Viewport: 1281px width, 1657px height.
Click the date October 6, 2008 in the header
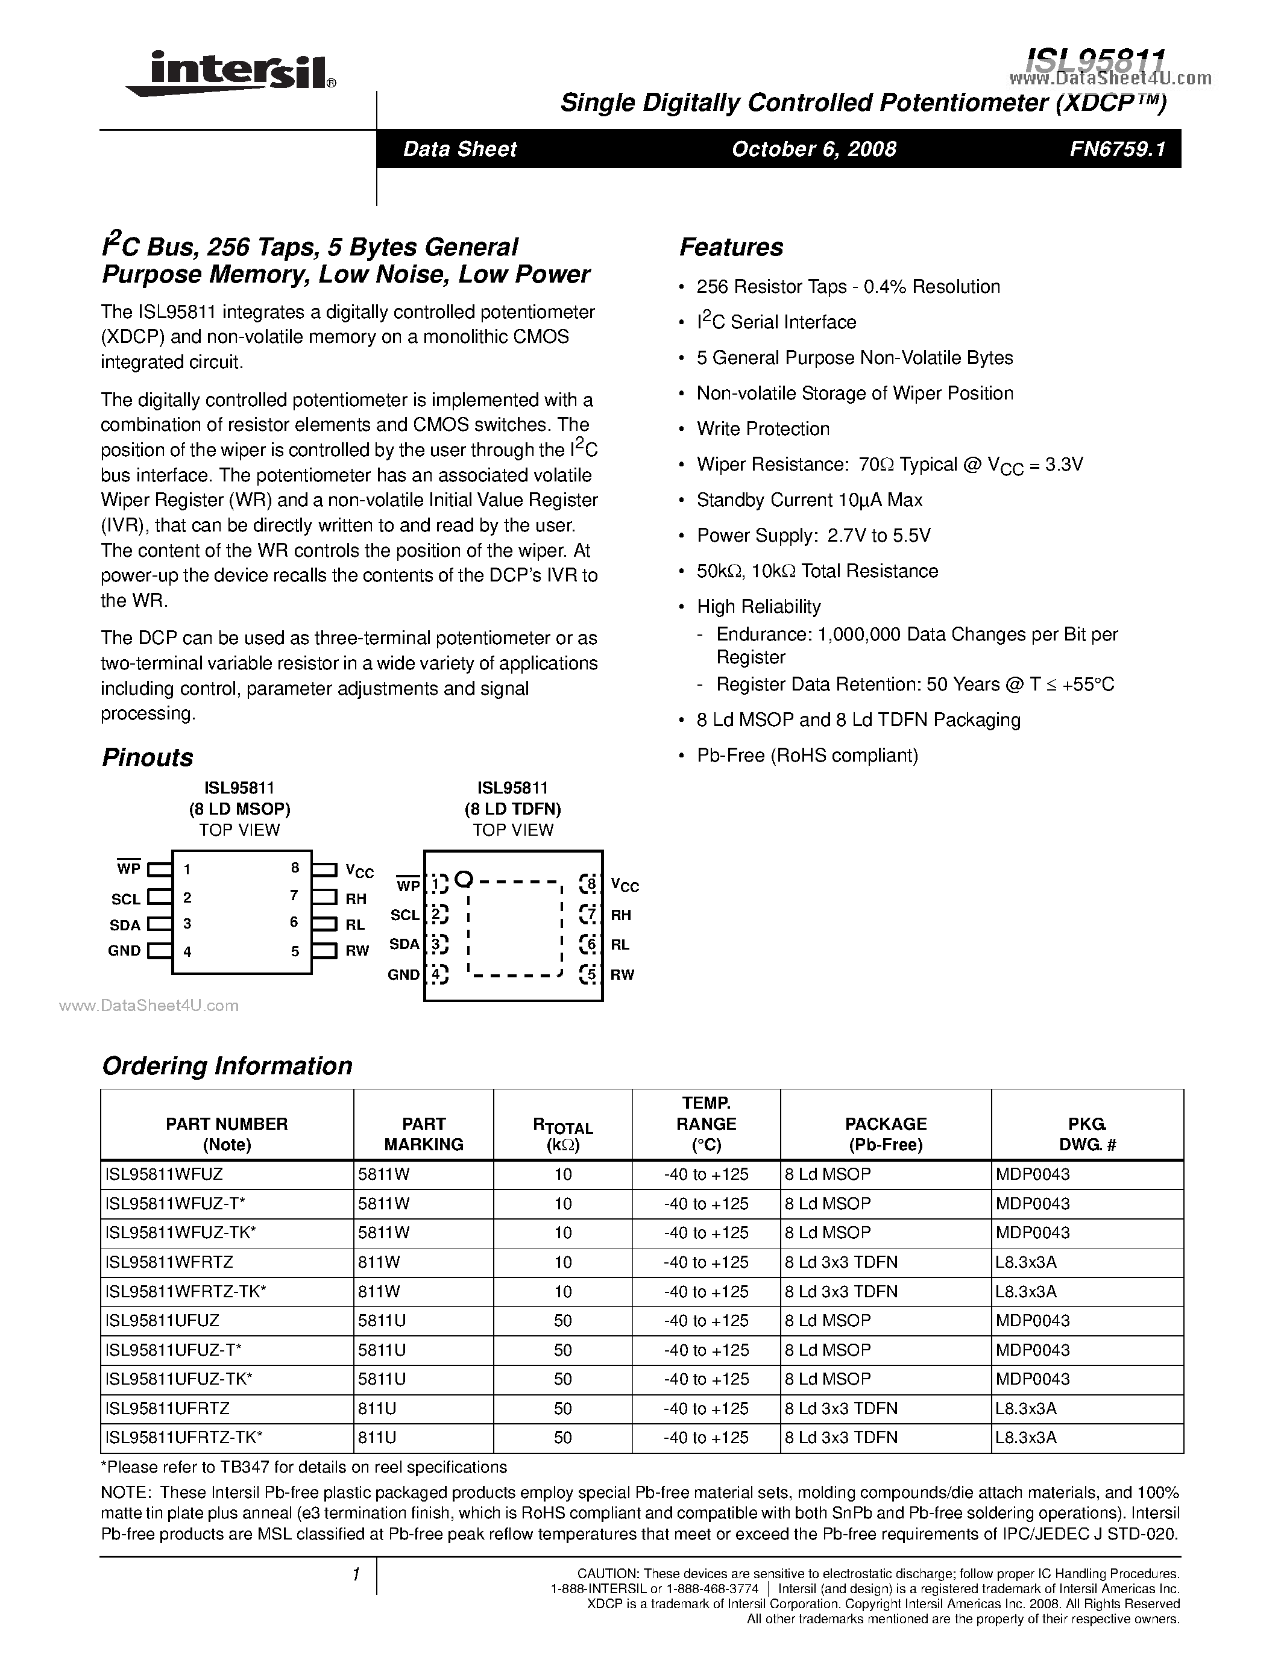(x=814, y=149)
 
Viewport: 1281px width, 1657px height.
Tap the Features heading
(x=731, y=247)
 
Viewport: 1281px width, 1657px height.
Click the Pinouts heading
(x=147, y=757)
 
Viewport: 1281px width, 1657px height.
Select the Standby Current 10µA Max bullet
(x=809, y=500)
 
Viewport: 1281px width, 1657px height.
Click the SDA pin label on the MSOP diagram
(x=125, y=925)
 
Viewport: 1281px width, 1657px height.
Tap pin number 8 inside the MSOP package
(x=295, y=868)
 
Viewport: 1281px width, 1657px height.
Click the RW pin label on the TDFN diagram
(x=622, y=975)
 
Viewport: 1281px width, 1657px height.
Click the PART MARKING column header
(x=423, y=1134)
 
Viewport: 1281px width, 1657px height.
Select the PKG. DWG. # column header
(x=1087, y=1134)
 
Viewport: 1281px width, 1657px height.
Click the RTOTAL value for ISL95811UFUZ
(x=562, y=1321)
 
